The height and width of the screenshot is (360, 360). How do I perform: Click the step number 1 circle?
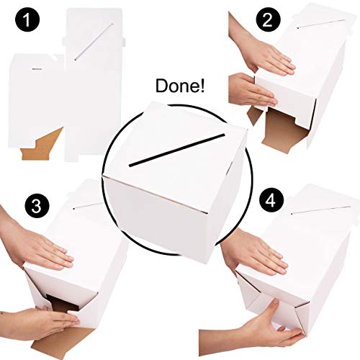click(x=27, y=20)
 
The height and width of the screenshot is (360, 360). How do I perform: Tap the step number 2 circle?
click(x=268, y=20)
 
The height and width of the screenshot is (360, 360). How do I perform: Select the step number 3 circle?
click(x=37, y=206)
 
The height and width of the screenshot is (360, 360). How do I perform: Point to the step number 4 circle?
click(x=271, y=201)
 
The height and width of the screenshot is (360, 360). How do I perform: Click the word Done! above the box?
click(x=180, y=86)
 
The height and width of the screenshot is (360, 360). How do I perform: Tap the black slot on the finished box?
click(x=176, y=150)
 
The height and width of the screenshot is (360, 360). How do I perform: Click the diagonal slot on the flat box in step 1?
click(x=94, y=42)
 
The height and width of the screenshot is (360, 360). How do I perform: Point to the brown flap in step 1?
click(x=41, y=145)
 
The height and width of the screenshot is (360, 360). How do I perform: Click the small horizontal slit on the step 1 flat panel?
click(x=37, y=69)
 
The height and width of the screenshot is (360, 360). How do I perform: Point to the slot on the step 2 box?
click(x=322, y=24)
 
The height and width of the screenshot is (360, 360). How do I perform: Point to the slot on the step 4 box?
click(x=320, y=210)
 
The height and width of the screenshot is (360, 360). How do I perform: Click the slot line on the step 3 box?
click(x=88, y=206)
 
